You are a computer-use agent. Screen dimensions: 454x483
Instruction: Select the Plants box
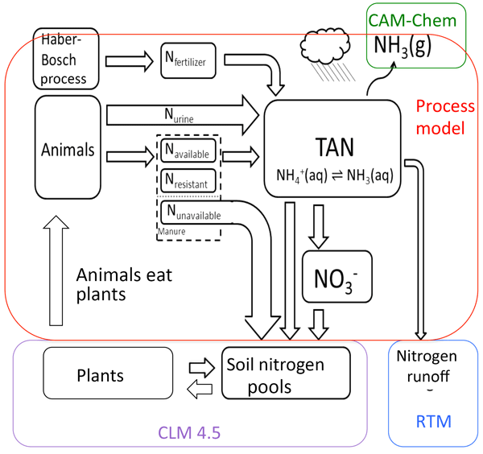(x=100, y=374)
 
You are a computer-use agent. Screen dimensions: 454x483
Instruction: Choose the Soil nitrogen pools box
(x=286, y=374)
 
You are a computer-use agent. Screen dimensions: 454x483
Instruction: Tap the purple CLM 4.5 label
(x=190, y=432)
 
